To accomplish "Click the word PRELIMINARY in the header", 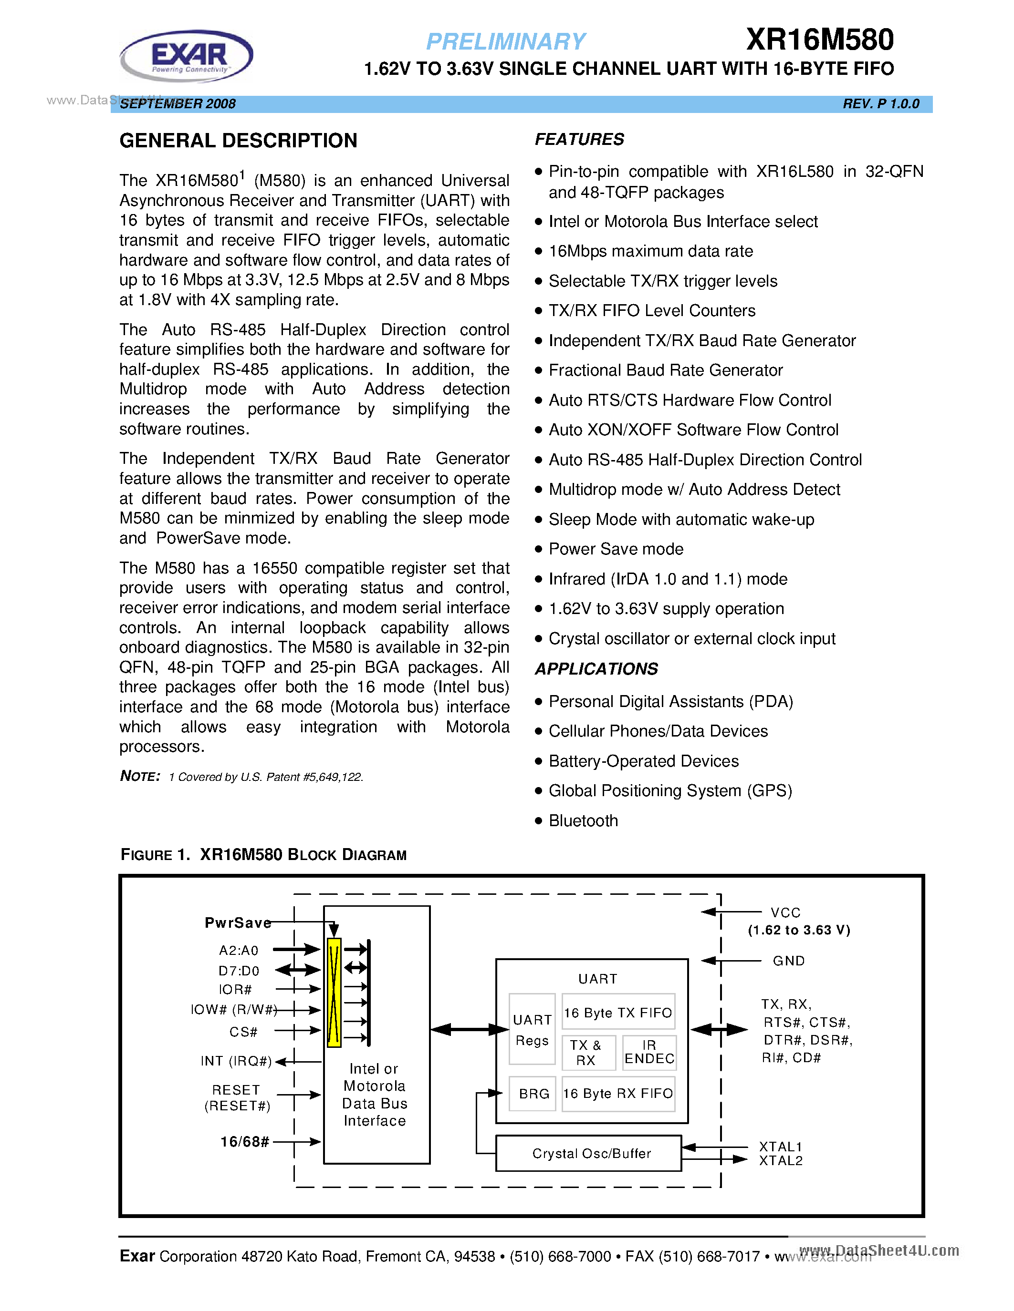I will [505, 41].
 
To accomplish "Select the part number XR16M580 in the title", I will [819, 40].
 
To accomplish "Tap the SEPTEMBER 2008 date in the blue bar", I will [178, 104].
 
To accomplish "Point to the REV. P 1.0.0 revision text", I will [881, 104].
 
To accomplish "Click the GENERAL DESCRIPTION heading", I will [239, 141].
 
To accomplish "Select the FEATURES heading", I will [579, 139].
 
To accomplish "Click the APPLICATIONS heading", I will [596, 669].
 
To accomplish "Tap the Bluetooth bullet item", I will [583, 820].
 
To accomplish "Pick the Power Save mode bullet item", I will [616, 549].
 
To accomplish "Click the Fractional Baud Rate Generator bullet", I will [665, 370].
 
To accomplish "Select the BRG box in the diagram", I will [533, 1094].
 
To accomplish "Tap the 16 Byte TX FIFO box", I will [618, 1013].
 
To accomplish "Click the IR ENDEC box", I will [649, 1052].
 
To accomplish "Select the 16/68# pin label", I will [244, 1141].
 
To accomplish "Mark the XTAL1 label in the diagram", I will [780, 1147].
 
